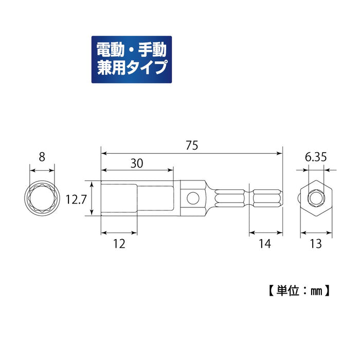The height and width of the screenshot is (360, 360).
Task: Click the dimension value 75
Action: click(191, 146)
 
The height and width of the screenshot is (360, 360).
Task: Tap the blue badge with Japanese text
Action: click(131, 60)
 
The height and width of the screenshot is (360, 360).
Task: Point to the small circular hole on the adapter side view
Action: click(192, 197)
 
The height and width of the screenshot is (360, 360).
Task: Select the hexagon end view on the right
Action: click(316, 198)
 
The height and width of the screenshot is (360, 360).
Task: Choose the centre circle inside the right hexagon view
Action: click(316, 198)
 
